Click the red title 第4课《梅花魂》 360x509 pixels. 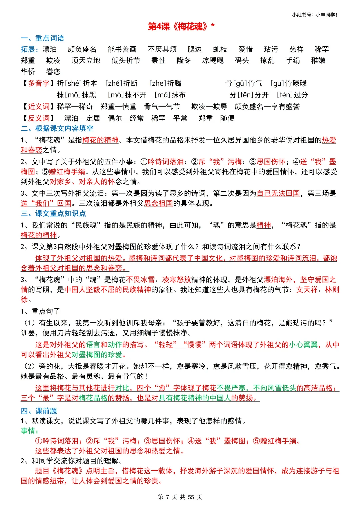(x=181, y=26)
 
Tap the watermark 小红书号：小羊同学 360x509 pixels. (x=314, y=15)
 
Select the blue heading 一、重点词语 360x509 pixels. (x=42, y=38)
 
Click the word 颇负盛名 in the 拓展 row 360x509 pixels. (x=82, y=50)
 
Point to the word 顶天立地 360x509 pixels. (x=86, y=61)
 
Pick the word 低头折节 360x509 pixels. (x=126, y=61)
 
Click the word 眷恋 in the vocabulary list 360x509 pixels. (x=53, y=72)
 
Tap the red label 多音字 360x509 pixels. (x=38, y=83)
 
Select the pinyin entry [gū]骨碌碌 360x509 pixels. (x=288, y=83)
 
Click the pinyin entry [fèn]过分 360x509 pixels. (x=292, y=95)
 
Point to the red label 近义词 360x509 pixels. (x=38, y=107)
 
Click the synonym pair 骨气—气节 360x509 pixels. (x=162, y=107)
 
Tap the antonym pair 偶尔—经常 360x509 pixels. (x=126, y=118)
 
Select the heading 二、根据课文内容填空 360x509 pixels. (x=57, y=129)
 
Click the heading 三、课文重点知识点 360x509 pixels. (x=53, y=214)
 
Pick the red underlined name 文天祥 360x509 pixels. (x=307, y=290)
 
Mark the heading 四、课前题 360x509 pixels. (x=39, y=411)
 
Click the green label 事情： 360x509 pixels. (x=30, y=431)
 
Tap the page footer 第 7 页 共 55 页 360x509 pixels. (x=180, y=497)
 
